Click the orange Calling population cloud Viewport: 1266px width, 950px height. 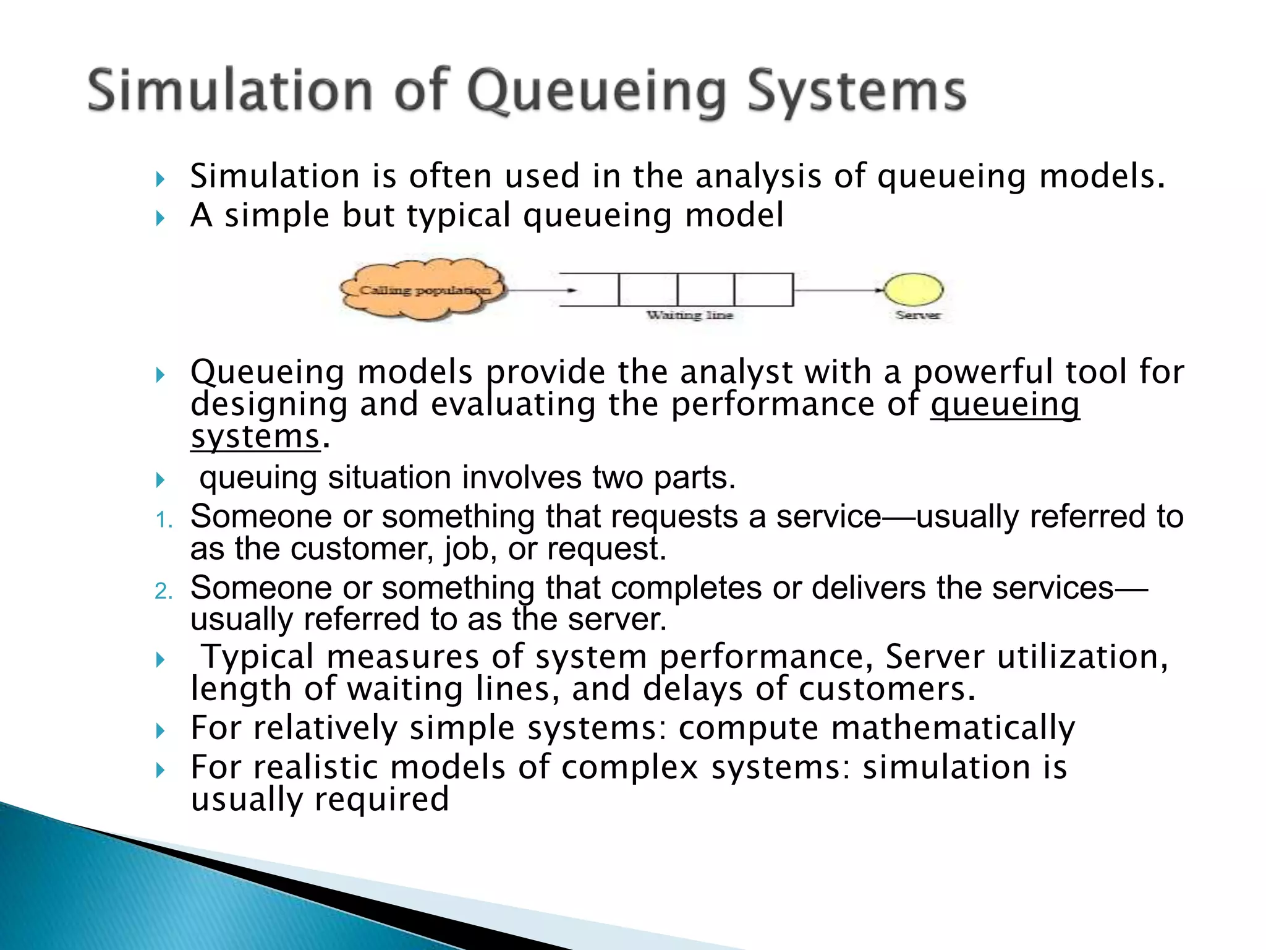(424, 289)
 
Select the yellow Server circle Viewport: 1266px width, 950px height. (913, 289)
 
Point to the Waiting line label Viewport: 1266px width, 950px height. (689, 315)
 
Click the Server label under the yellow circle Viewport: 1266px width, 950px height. (918, 315)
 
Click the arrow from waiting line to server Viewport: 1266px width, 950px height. (838, 289)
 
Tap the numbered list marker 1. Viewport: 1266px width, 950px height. (163, 520)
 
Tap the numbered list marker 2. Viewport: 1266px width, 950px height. (163, 591)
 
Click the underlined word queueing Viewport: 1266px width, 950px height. (1005, 405)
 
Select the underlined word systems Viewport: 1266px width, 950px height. (255, 437)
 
